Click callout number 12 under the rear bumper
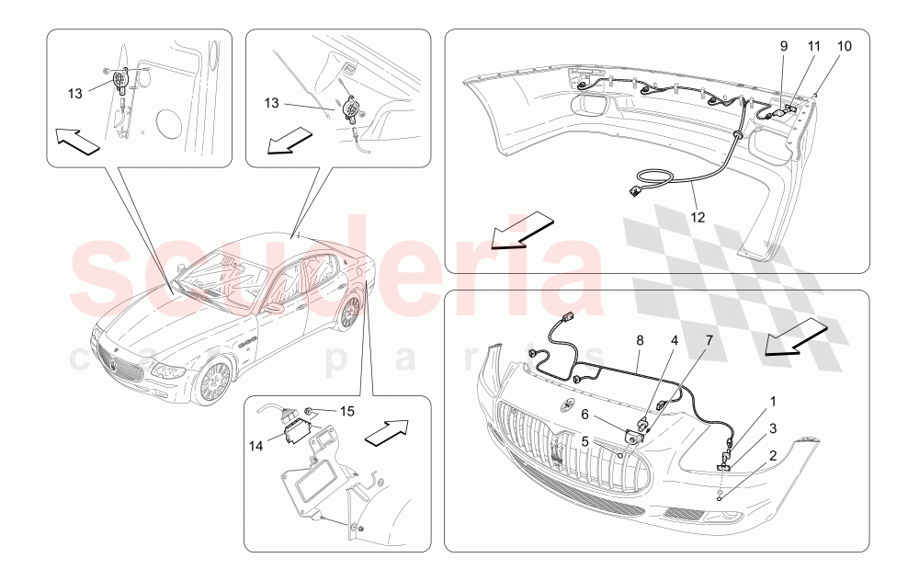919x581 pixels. (x=699, y=218)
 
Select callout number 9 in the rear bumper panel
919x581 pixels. (x=784, y=45)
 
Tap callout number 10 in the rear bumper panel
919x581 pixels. (x=844, y=45)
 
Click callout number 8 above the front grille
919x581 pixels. (x=640, y=340)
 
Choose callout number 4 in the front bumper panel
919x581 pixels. (x=674, y=340)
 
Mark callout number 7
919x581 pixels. (x=709, y=340)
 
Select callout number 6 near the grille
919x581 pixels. (x=585, y=415)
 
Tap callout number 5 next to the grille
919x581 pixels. (x=585, y=440)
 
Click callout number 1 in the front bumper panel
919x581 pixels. (x=773, y=402)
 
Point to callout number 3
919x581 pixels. (x=773, y=427)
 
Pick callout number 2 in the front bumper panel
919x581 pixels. (x=773, y=454)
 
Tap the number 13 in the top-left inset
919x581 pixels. (x=75, y=92)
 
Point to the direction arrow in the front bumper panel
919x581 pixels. (x=796, y=336)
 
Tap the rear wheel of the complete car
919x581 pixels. (x=348, y=313)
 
